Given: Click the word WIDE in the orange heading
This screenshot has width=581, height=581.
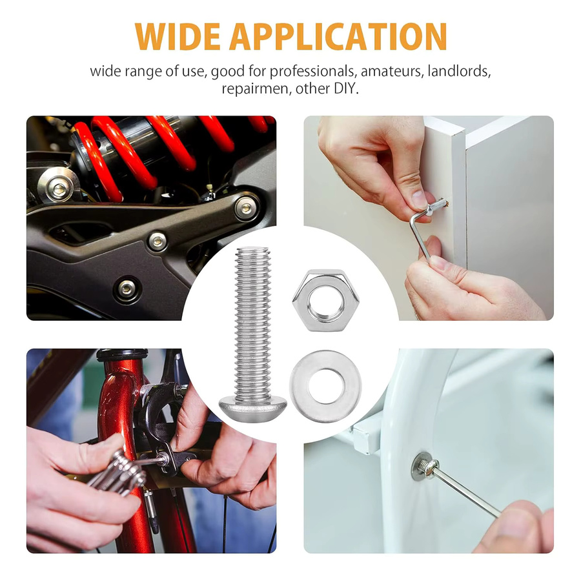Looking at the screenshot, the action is tap(178, 36).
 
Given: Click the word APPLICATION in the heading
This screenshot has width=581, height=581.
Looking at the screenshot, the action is tap(338, 36).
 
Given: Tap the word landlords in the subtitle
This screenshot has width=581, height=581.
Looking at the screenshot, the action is tap(459, 70).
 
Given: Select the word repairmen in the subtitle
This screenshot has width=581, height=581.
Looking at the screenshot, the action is tap(256, 89).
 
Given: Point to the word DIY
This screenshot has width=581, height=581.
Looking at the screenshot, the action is tap(346, 88).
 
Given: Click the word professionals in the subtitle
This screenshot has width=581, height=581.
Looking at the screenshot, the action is tap(312, 71).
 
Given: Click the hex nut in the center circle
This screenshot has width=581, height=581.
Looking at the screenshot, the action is tap(326, 300).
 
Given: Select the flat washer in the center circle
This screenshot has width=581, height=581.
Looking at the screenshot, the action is tap(325, 386).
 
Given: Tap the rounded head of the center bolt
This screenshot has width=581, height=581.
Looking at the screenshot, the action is tap(253, 407).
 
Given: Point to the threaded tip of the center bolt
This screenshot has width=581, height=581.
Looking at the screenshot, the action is tap(253, 250).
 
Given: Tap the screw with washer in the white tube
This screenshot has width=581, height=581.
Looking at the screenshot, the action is tap(425, 467).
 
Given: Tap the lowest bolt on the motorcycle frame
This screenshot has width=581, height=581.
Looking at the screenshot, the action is tap(127, 287).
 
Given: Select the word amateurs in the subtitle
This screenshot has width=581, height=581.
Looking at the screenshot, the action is tap(392, 70).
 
